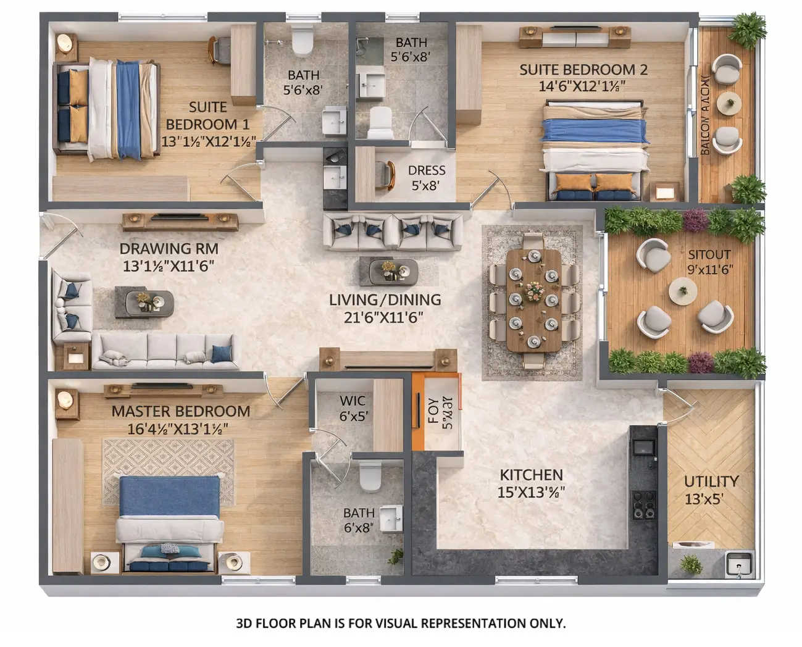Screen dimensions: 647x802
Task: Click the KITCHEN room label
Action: pos(531,475)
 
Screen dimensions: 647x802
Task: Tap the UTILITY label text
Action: pos(711,482)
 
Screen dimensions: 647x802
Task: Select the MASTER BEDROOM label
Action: pos(180,411)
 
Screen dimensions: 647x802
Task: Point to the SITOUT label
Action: pos(709,254)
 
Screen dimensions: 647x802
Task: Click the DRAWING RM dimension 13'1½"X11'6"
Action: pos(169,266)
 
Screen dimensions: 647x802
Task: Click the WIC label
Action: pos(352,401)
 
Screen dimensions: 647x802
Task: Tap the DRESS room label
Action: pos(426,170)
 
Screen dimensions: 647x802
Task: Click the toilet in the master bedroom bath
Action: pos(370,476)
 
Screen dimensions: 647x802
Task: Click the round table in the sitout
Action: pos(682,288)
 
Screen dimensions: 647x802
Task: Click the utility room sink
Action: pos(738,564)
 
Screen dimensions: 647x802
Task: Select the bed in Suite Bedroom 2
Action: pos(595,152)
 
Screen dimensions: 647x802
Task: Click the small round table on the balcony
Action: pos(729,103)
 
